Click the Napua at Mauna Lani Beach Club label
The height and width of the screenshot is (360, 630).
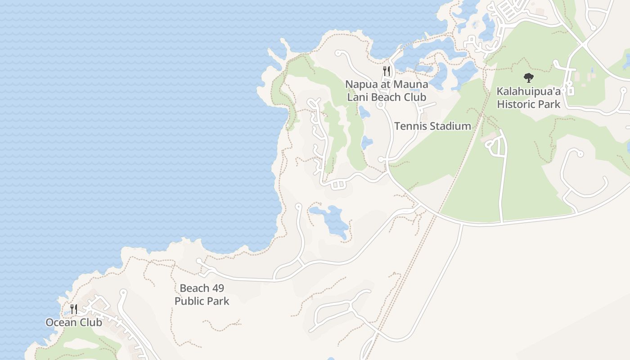tap(387, 90)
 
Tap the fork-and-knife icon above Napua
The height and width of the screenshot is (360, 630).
tap(387, 71)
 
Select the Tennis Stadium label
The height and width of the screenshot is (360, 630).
tap(432, 126)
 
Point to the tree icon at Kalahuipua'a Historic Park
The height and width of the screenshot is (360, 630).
tap(528, 78)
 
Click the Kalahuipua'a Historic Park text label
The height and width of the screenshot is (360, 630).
tap(528, 98)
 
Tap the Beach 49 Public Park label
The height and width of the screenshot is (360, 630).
tap(202, 295)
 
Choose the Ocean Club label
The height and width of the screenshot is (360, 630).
tap(74, 322)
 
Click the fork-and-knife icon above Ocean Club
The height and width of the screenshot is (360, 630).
tap(74, 309)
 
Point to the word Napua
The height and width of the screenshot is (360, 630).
tap(361, 84)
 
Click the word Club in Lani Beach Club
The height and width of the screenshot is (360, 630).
tap(414, 97)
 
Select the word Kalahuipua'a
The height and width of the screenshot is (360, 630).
tap(528, 91)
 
